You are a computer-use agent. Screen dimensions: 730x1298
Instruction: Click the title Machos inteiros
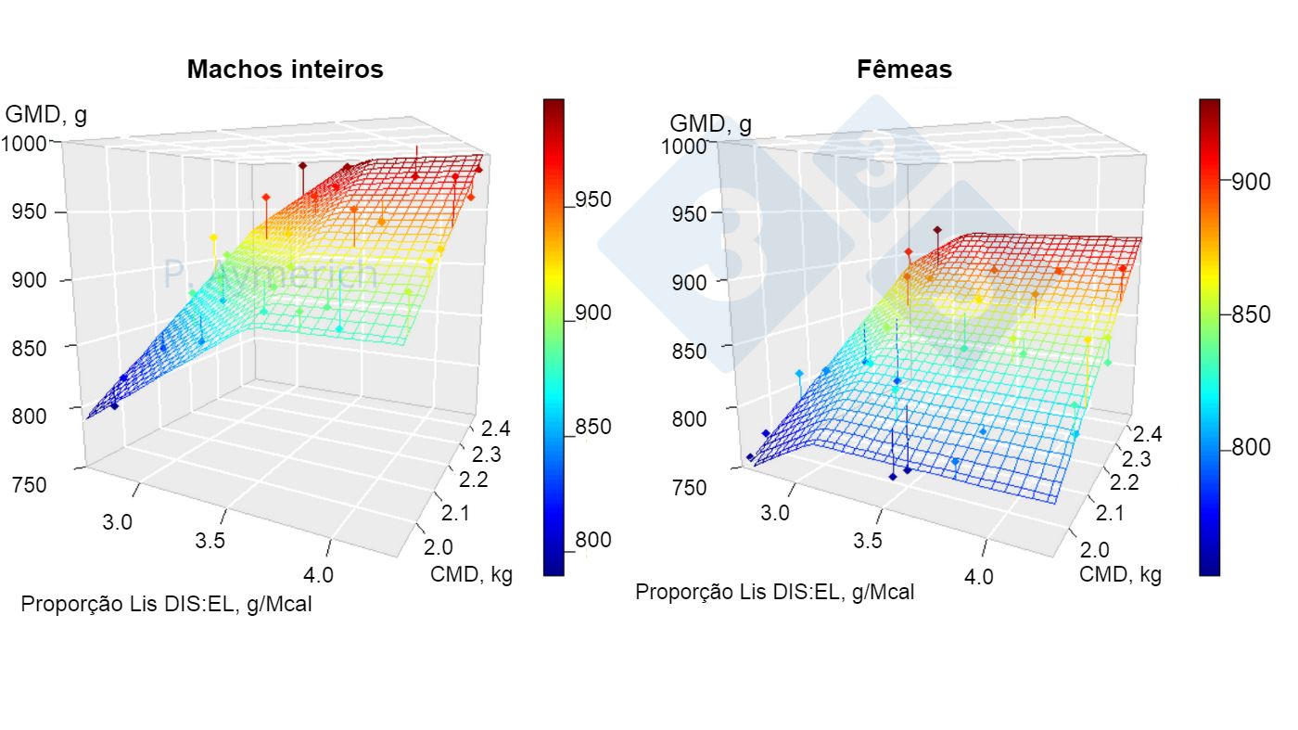[x=285, y=70]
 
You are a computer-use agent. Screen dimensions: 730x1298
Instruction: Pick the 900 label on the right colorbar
[x=1251, y=182]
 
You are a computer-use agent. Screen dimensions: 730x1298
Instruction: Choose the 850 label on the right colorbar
[x=1251, y=314]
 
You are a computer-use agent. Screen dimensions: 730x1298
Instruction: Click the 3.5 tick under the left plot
[x=210, y=542]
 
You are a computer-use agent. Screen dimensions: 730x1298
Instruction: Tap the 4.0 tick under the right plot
[x=978, y=576]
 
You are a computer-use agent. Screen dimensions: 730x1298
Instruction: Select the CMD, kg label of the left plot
[x=471, y=573]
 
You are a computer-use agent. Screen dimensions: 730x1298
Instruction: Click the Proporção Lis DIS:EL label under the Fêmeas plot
[x=774, y=592]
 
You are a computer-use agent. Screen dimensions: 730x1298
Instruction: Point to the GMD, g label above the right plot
[x=710, y=124]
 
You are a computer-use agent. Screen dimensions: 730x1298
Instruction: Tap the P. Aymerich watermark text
[x=270, y=275]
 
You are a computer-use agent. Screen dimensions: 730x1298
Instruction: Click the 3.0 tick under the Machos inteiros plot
[x=117, y=521]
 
